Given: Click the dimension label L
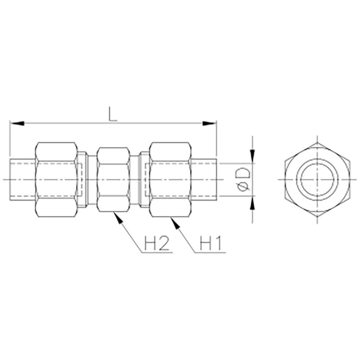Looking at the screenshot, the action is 113,114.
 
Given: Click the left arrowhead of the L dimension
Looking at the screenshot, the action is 17,123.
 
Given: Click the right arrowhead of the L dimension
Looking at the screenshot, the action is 209,123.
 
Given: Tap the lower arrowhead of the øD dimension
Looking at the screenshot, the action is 253,203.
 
